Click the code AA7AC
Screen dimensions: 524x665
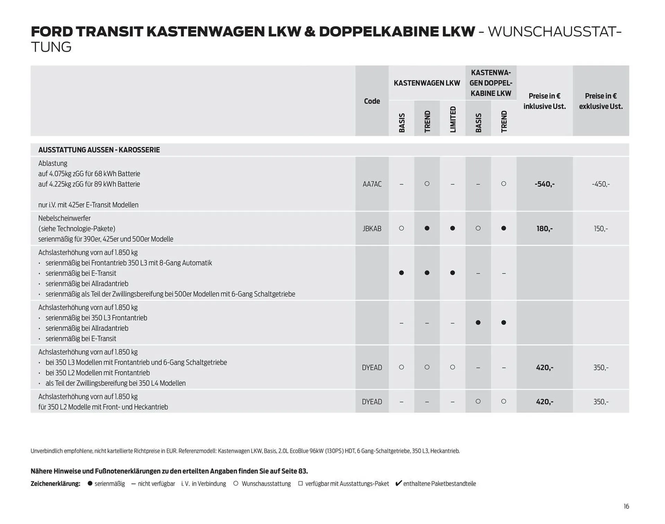click(x=372, y=184)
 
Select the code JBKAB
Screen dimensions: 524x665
click(x=372, y=229)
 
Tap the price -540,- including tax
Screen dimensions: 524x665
click(x=544, y=184)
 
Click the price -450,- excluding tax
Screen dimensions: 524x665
click(x=601, y=184)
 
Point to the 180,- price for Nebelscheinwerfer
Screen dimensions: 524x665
click(x=544, y=229)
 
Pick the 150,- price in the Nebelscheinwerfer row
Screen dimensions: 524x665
click(x=601, y=229)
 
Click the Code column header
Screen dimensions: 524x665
click(x=372, y=101)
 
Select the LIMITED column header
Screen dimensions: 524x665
click(x=453, y=119)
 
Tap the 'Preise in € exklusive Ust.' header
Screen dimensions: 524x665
click(x=601, y=101)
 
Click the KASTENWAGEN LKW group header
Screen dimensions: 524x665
click(x=427, y=83)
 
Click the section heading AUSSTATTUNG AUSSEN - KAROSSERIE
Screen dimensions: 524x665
click(x=99, y=150)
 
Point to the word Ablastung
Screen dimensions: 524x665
click(x=53, y=163)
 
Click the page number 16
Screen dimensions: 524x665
click(x=626, y=506)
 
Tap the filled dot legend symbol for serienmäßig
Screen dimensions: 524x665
click(x=90, y=484)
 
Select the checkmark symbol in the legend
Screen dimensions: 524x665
click(x=398, y=483)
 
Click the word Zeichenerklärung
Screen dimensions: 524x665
click(x=55, y=484)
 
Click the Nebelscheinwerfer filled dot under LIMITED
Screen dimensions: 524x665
click(x=452, y=228)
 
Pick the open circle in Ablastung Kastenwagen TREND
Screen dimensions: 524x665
click(x=427, y=184)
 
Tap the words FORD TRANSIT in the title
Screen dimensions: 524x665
click(x=87, y=32)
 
